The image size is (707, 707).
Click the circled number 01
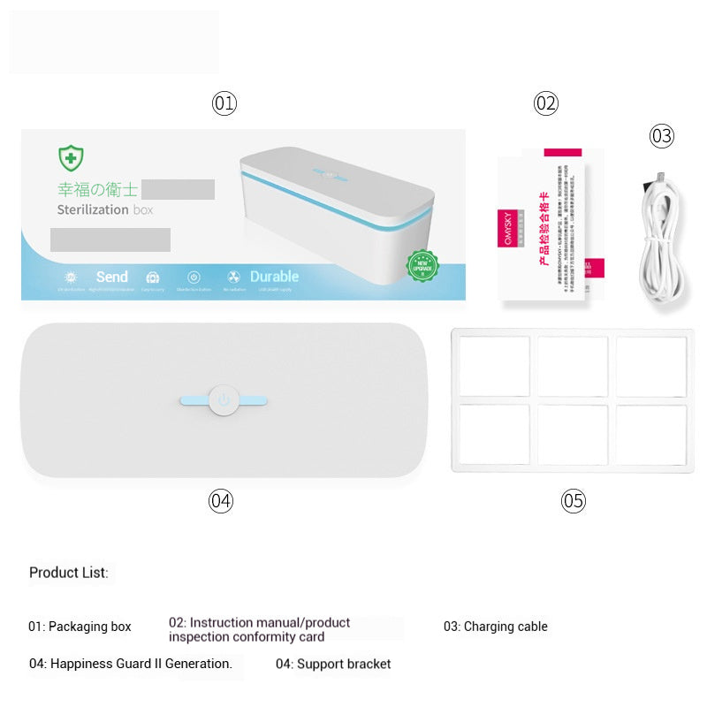224,103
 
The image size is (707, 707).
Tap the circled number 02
546,103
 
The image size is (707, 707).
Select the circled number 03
662,136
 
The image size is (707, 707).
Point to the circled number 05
574,501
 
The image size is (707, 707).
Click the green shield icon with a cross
71,158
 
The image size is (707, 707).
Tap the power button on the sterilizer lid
224,400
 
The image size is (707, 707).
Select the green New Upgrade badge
422,265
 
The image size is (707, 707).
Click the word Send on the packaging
111,277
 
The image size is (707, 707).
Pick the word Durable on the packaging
274,277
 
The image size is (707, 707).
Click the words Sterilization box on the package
104,210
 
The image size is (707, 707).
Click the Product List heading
69,573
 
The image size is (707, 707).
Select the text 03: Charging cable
495,627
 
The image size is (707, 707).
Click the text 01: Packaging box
80,627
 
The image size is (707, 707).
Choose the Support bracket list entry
333,664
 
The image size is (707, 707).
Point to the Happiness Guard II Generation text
131,664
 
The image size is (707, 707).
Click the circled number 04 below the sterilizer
221,501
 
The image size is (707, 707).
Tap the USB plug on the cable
658,180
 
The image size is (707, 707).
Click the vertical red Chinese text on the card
544,228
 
